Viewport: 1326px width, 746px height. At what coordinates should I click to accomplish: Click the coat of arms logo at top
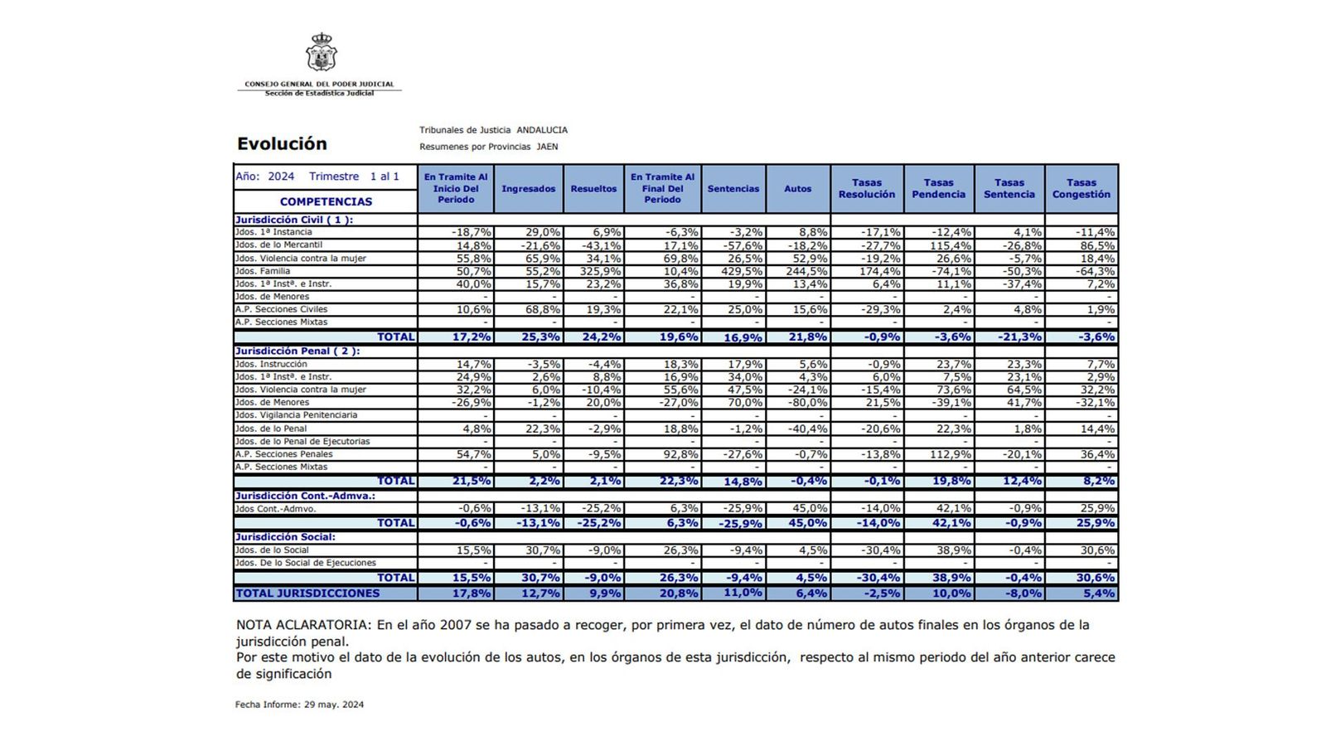click(x=321, y=54)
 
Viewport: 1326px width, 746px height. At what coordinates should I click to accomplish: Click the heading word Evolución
click(x=282, y=143)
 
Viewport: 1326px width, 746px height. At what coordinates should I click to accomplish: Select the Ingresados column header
click(x=528, y=189)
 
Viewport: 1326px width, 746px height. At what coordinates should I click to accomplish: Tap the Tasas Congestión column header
click(x=1081, y=189)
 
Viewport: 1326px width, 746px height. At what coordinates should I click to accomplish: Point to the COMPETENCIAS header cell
click(x=326, y=201)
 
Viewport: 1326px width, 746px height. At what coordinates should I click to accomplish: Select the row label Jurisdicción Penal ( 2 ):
click(x=298, y=351)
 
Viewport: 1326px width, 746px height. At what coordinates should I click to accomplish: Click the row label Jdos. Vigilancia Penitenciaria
click(x=296, y=415)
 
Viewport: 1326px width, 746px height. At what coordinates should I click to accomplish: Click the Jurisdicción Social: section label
click(x=285, y=537)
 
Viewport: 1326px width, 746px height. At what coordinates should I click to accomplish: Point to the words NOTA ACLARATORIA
click(x=302, y=625)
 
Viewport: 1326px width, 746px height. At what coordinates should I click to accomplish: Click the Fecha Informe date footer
click(x=299, y=705)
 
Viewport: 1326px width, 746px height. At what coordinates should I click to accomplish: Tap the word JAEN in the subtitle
click(x=547, y=147)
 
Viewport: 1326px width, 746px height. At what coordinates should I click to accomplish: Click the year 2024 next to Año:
click(x=281, y=177)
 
